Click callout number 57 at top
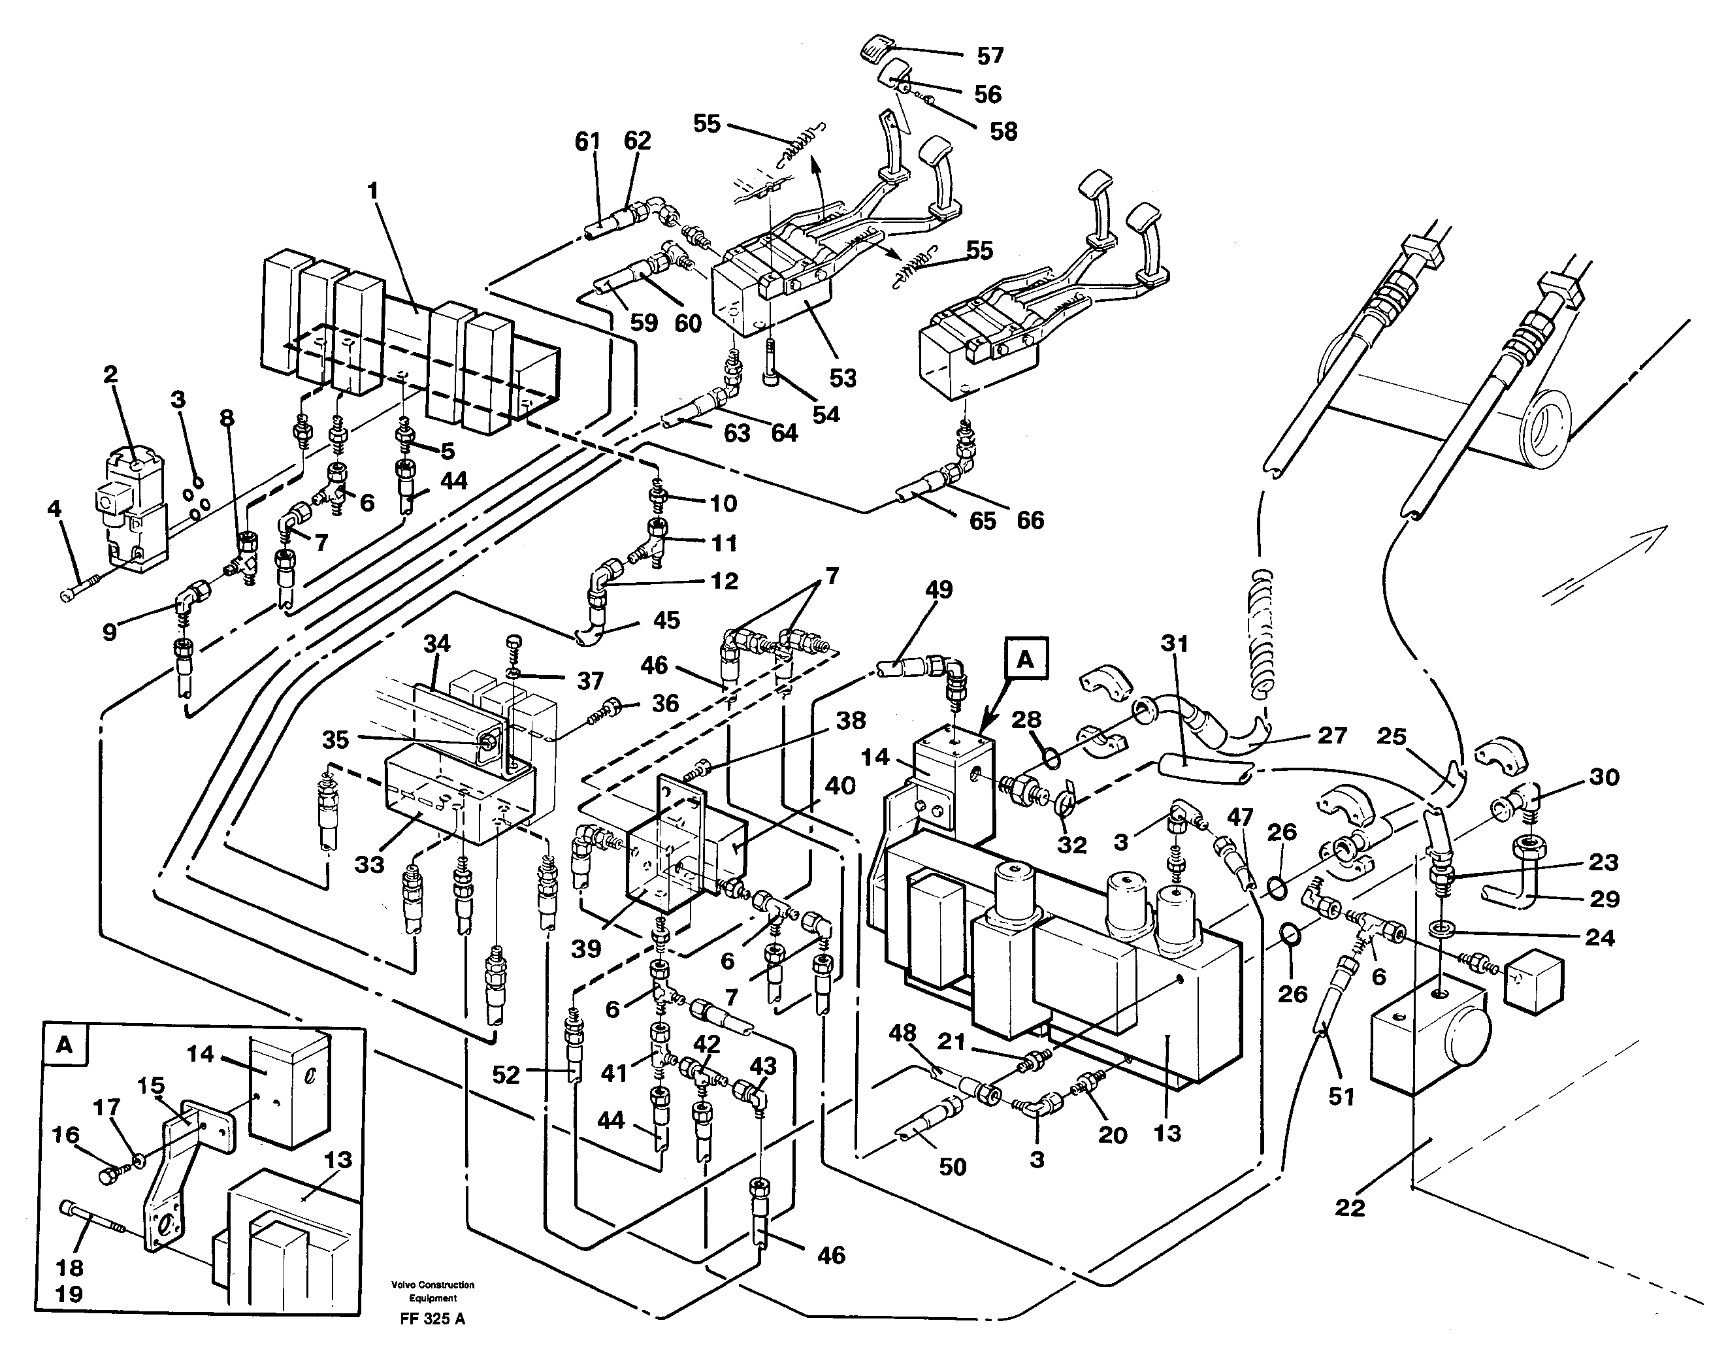(990, 56)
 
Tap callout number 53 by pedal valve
(843, 377)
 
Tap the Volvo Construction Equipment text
(432, 1290)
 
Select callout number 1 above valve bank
(372, 191)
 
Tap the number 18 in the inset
(69, 1268)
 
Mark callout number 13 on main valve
(1167, 1133)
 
